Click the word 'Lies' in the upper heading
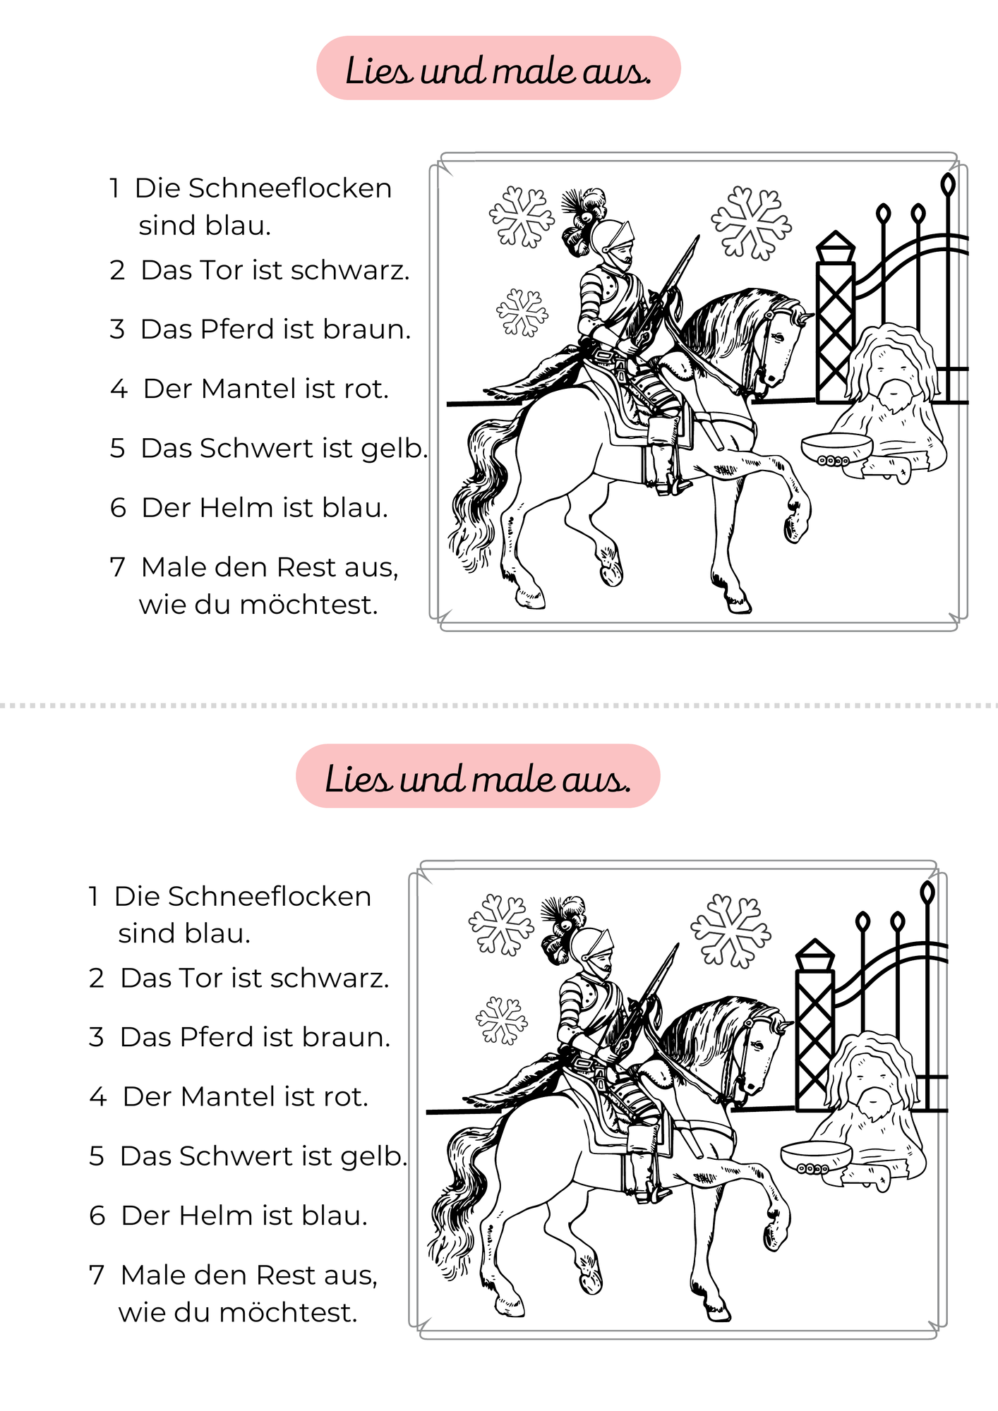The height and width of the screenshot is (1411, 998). click(378, 71)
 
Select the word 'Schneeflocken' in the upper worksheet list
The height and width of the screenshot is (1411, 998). click(263, 188)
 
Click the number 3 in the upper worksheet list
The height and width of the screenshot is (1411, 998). click(117, 329)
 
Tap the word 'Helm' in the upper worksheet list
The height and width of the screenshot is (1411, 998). click(236, 508)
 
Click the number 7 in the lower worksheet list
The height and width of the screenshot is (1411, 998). click(97, 1276)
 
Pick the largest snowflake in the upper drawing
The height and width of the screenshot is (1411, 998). click(751, 223)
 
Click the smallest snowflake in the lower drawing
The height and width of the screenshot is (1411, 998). click(502, 1020)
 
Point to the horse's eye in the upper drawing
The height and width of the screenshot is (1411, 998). click(778, 337)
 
